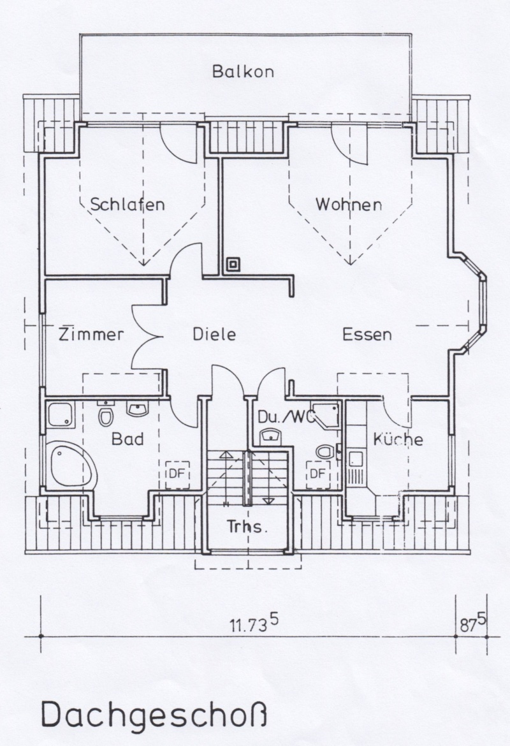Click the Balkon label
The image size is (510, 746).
point(243,71)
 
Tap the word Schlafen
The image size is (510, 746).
point(127,205)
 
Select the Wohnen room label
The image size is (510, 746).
point(349,205)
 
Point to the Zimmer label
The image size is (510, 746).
point(91,334)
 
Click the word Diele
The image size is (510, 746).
point(214,334)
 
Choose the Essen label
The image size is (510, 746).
point(367,335)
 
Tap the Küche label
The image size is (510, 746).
point(398,439)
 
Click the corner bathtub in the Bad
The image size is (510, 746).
point(71,465)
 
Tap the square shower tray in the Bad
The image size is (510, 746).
point(61,415)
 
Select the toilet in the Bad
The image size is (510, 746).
point(105,414)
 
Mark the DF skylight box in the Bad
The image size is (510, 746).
point(177,475)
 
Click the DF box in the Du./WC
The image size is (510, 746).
point(318,474)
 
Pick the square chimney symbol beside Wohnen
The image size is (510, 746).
point(233,264)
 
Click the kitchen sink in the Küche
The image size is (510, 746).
point(355,459)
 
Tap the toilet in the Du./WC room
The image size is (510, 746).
point(326,451)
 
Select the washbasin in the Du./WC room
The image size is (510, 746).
point(271,435)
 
